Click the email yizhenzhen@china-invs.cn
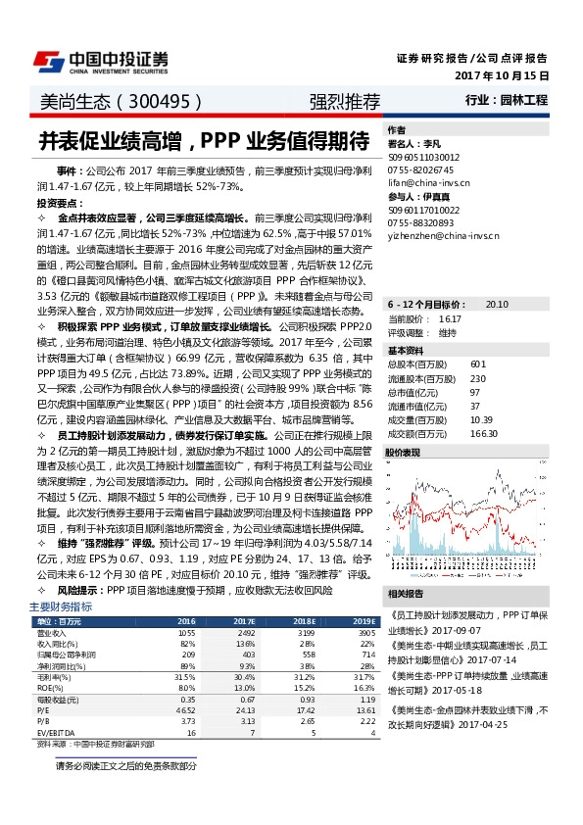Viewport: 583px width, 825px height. tap(443, 236)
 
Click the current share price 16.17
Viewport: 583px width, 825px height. tap(450, 292)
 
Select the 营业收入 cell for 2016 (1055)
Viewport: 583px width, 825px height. tap(186, 634)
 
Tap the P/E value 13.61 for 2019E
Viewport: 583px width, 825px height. tap(364, 708)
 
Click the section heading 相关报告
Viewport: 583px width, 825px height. tap(408, 594)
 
